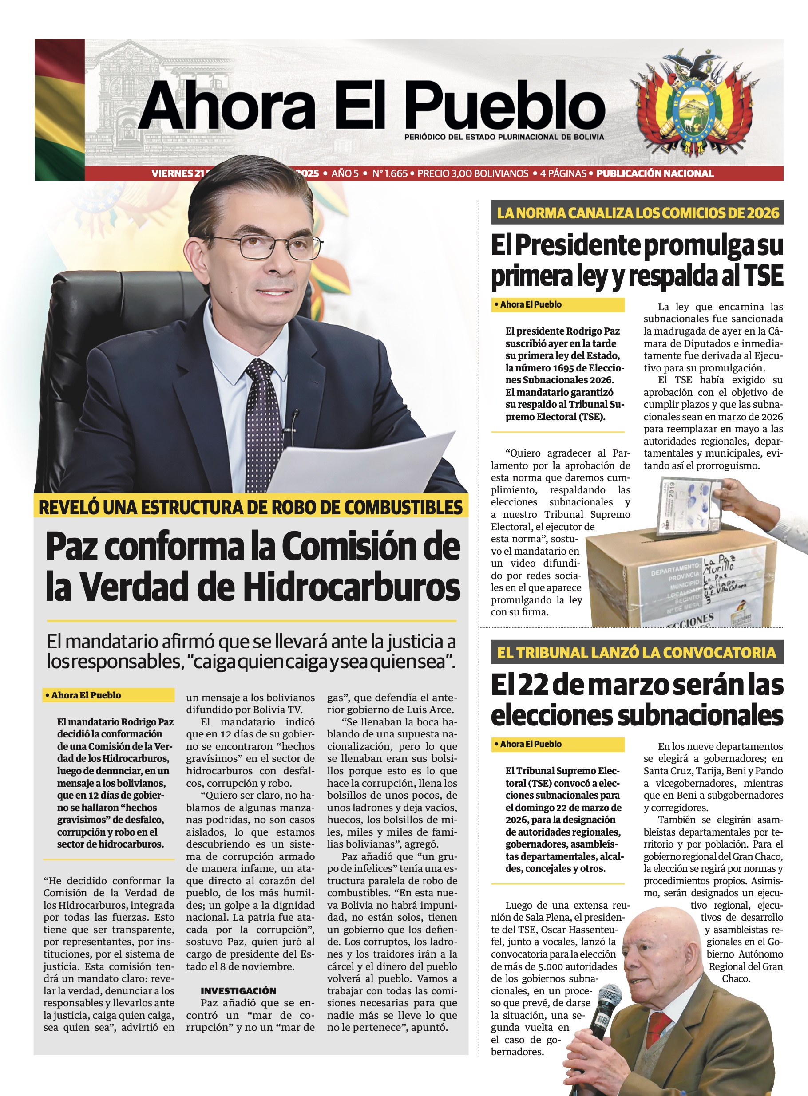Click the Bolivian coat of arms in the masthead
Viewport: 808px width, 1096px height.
pyautogui.click(x=694, y=105)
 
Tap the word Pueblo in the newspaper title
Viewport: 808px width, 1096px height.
pyautogui.click(x=504, y=105)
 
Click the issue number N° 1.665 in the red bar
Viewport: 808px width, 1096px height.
pyautogui.click(x=390, y=173)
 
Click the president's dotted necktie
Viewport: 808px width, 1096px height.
pyautogui.click(x=264, y=425)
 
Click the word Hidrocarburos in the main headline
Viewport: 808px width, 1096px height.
pyautogui.click(x=352, y=587)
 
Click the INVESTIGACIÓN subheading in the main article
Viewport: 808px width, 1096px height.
pyautogui.click(x=238, y=991)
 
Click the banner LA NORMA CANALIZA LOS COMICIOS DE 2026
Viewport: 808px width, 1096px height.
pyautogui.click(x=638, y=213)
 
